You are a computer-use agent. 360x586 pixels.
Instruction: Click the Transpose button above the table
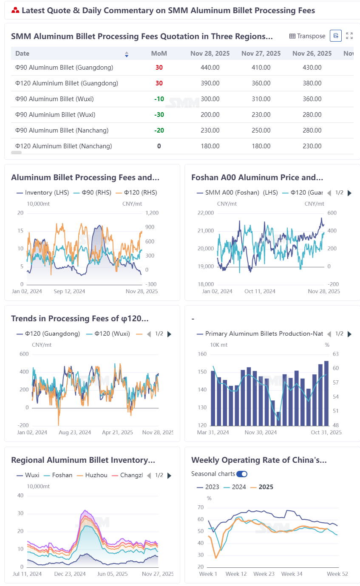[x=307, y=36]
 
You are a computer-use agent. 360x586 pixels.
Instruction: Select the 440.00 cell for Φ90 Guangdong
[x=210, y=67]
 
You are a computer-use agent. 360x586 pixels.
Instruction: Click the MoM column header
[x=159, y=54]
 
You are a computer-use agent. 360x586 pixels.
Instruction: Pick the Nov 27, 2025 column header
[x=261, y=54]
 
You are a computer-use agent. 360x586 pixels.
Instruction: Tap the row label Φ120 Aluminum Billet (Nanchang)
[x=63, y=146]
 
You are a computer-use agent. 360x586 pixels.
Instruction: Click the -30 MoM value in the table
[x=159, y=115]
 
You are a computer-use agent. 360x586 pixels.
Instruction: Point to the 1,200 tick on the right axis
[x=152, y=213]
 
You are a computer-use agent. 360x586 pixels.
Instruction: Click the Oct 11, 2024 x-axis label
[x=260, y=292]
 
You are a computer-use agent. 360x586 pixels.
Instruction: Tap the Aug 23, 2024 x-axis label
[x=75, y=433]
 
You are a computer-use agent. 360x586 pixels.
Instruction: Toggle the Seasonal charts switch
[x=242, y=474]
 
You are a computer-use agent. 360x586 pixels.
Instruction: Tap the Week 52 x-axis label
[x=337, y=574]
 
